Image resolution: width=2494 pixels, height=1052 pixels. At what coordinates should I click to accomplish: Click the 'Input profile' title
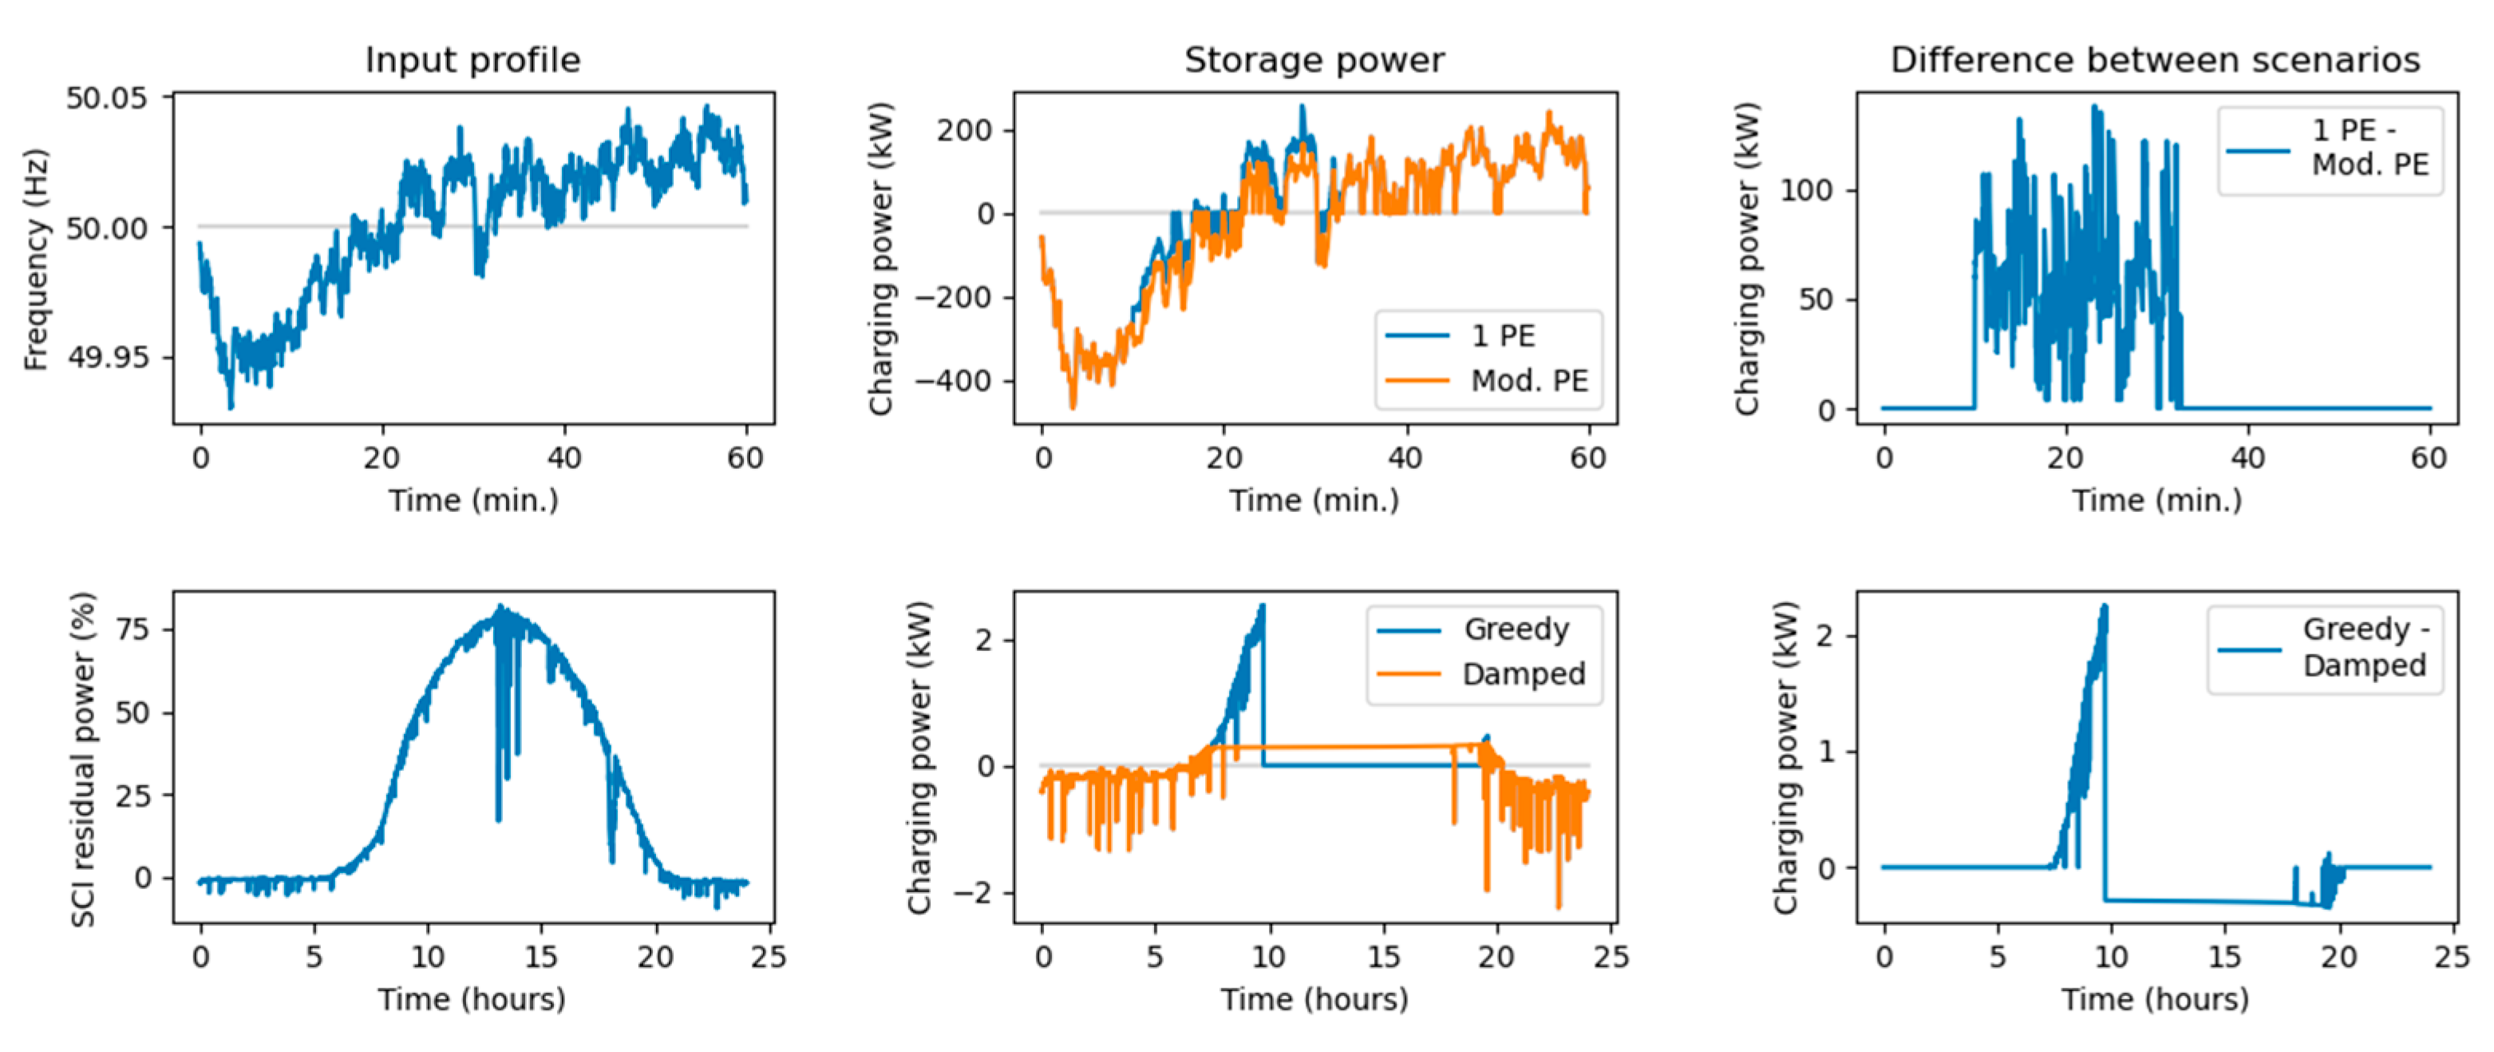point(472,60)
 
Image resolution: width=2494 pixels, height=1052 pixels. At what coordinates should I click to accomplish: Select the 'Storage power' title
point(1314,60)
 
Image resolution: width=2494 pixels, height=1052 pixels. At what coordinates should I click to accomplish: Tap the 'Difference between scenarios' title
point(2155,60)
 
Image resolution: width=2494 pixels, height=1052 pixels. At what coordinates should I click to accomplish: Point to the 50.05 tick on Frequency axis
point(106,97)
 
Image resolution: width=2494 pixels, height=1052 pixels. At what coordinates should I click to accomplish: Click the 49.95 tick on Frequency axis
point(106,357)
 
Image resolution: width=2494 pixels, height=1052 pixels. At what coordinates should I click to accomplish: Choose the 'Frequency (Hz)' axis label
point(36,259)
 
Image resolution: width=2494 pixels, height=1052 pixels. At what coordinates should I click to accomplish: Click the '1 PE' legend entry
point(1503,336)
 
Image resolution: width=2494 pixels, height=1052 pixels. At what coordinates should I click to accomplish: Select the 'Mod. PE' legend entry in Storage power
point(1529,381)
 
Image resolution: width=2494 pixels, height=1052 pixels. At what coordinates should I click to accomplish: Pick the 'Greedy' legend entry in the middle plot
point(1516,629)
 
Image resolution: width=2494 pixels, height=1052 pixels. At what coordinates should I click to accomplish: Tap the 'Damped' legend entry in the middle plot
point(1523,674)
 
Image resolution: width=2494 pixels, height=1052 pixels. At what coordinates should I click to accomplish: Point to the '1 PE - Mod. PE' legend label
point(2369,147)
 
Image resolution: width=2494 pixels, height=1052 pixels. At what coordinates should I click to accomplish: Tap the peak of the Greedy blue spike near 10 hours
point(1262,606)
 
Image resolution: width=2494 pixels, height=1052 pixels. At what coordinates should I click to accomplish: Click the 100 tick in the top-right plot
point(1807,191)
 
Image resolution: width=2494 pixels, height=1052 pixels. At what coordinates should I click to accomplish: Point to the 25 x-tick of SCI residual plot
point(769,957)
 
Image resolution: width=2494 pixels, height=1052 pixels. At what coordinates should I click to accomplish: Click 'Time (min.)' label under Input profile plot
point(472,501)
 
